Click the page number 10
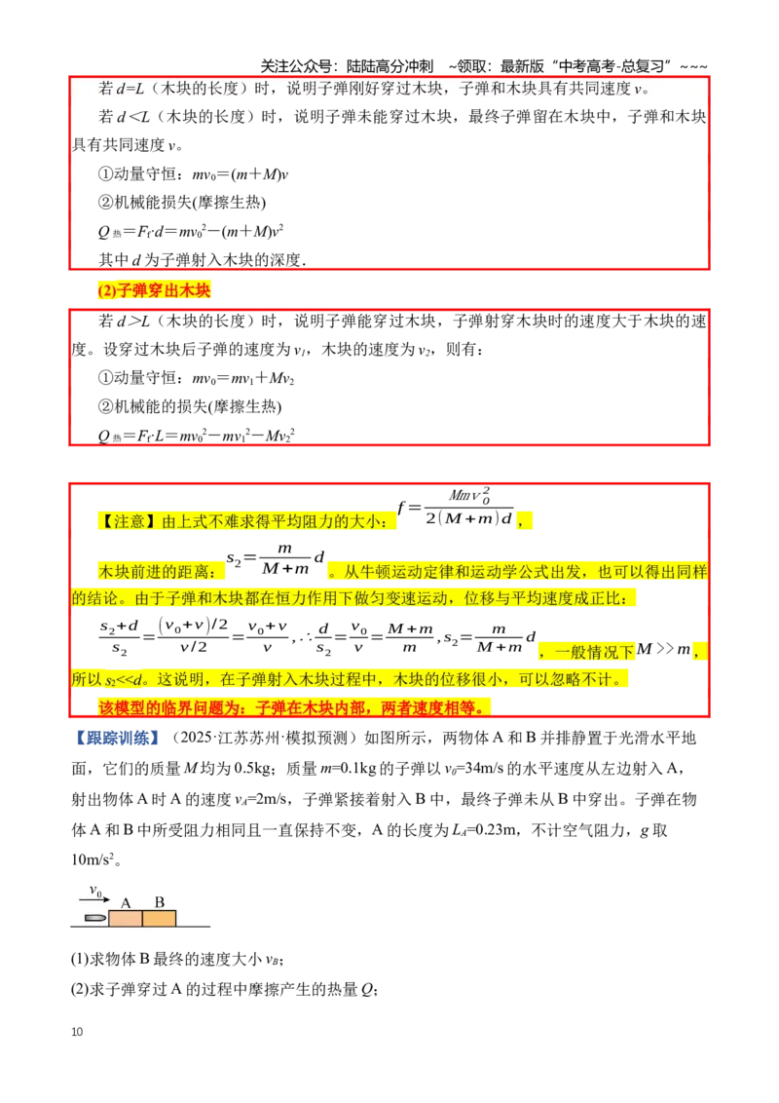click(x=77, y=1031)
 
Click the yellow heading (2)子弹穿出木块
click(x=154, y=290)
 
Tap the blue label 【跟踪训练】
click(x=116, y=738)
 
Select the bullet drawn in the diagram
click(x=94, y=918)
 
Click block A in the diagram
click(x=126, y=918)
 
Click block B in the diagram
click(x=159, y=918)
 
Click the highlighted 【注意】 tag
click(x=128, y=521)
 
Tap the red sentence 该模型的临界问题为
click(x=294, y=707)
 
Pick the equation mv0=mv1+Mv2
click(x=243, y=378)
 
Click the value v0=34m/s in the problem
click(x=473, y=768)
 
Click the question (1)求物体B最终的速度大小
click(x=177, y=959)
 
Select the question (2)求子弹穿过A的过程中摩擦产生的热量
click(x=225, y=990)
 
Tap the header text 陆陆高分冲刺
click(x=389, y=66)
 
